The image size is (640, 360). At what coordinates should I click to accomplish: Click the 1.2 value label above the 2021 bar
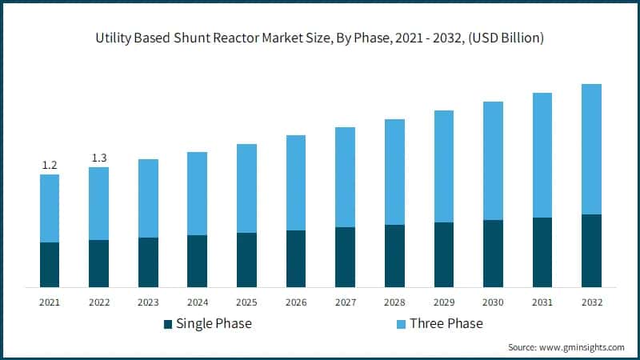point(50,165)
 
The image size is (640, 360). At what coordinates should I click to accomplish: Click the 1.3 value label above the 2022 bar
point(99,158)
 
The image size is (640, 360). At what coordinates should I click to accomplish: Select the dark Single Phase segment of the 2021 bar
point(50,264)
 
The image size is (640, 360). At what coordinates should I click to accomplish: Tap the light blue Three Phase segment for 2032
point(591,149)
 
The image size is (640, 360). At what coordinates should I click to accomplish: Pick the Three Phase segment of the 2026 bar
point(296,182)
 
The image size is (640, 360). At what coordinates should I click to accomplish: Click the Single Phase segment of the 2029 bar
point(444,254)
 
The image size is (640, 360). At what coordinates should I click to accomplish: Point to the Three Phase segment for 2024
point(198,193)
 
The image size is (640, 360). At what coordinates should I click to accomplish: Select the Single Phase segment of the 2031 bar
point(542,252)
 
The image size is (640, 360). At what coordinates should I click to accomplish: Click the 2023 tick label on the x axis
point(148,302)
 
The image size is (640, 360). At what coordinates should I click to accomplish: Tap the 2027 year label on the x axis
point(346,302)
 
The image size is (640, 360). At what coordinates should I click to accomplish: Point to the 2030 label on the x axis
point(494,302)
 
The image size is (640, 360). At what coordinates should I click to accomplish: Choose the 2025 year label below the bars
point(247,302)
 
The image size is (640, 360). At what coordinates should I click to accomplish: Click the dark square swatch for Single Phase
point(168,324)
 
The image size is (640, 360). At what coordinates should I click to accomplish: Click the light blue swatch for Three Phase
point(402,324)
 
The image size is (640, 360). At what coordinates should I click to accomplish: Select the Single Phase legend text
point(214,324)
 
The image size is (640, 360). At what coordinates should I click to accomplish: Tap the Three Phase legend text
point(446,324)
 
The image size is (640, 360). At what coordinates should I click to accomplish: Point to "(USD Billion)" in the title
point(502,38)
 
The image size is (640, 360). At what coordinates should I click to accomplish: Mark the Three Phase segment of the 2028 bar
point(394,171)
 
